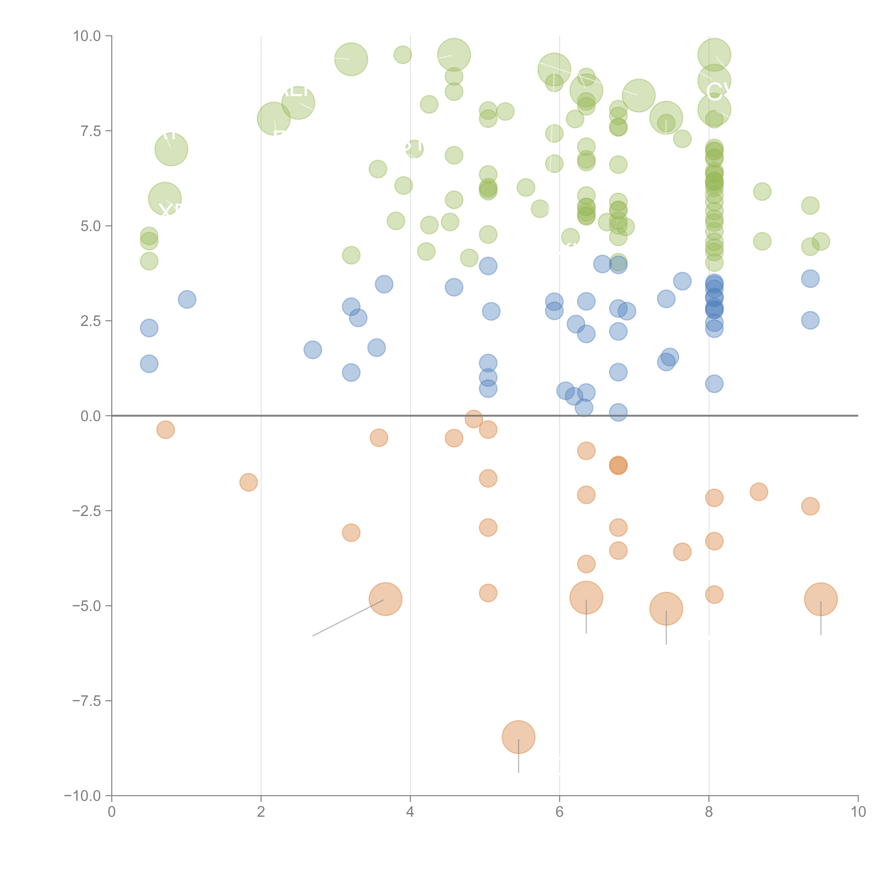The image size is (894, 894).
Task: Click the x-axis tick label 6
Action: pos(559,812)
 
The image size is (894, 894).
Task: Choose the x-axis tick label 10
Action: pos(858,812)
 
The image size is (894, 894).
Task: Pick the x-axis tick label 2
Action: pos(261,812)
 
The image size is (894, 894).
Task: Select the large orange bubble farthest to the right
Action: pos(821,599)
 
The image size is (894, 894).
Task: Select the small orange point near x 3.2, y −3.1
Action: pos(351,533)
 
